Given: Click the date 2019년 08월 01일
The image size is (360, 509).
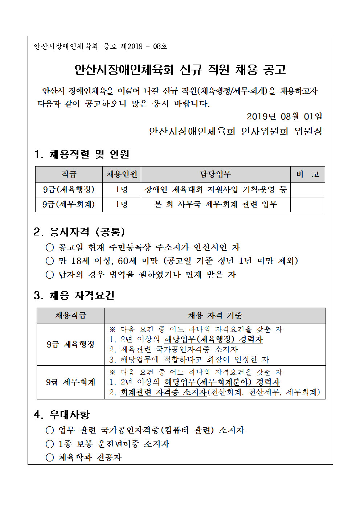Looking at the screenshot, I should coord(284,116).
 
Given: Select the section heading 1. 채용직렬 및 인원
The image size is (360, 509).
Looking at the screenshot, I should coord(82,154).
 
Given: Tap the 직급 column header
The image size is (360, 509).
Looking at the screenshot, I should coord(69,175).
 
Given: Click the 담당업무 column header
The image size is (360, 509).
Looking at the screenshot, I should coord(216,175).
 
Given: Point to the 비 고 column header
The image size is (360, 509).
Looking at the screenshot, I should coord(307,175).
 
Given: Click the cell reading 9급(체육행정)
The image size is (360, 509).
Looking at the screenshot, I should coord(69,189).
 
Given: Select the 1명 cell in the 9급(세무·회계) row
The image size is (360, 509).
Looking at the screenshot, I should coord(122,205).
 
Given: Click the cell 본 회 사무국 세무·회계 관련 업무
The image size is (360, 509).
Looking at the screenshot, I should coord(216,205).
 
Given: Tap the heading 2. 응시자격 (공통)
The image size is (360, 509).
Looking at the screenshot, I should coord(79,232).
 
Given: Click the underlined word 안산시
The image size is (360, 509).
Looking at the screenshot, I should coord(206,247).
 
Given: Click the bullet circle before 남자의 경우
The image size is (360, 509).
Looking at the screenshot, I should coord(50,275).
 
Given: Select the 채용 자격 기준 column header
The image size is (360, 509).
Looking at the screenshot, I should coord(215,316).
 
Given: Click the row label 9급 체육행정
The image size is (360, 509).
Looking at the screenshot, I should coord(70,344).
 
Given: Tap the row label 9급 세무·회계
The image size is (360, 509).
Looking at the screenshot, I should coord(70,382).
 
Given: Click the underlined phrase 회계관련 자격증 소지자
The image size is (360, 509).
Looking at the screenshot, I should coord(163,392).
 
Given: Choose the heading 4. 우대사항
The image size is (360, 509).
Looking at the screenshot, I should coord(61,415).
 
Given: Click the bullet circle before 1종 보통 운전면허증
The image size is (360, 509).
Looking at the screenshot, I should coord(50,444).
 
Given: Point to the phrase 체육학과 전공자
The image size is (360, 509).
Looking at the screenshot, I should coord(90,457).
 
